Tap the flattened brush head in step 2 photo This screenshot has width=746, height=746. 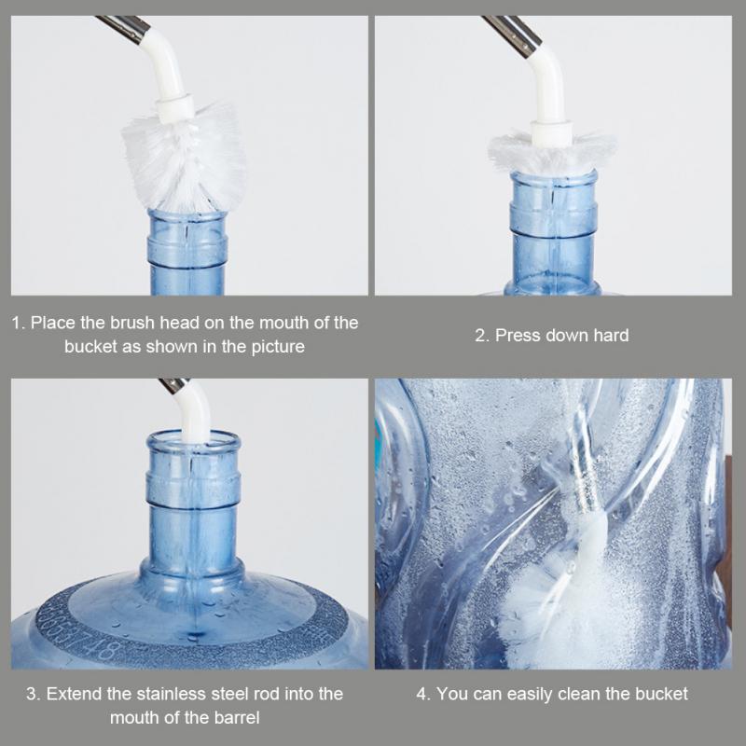pos(553,151)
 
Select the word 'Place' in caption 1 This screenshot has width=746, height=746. pos(51,323)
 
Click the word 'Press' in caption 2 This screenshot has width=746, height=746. pos(517,335)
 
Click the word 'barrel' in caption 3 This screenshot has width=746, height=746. pos(236,717)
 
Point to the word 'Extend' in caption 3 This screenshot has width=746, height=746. pos(72,694)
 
